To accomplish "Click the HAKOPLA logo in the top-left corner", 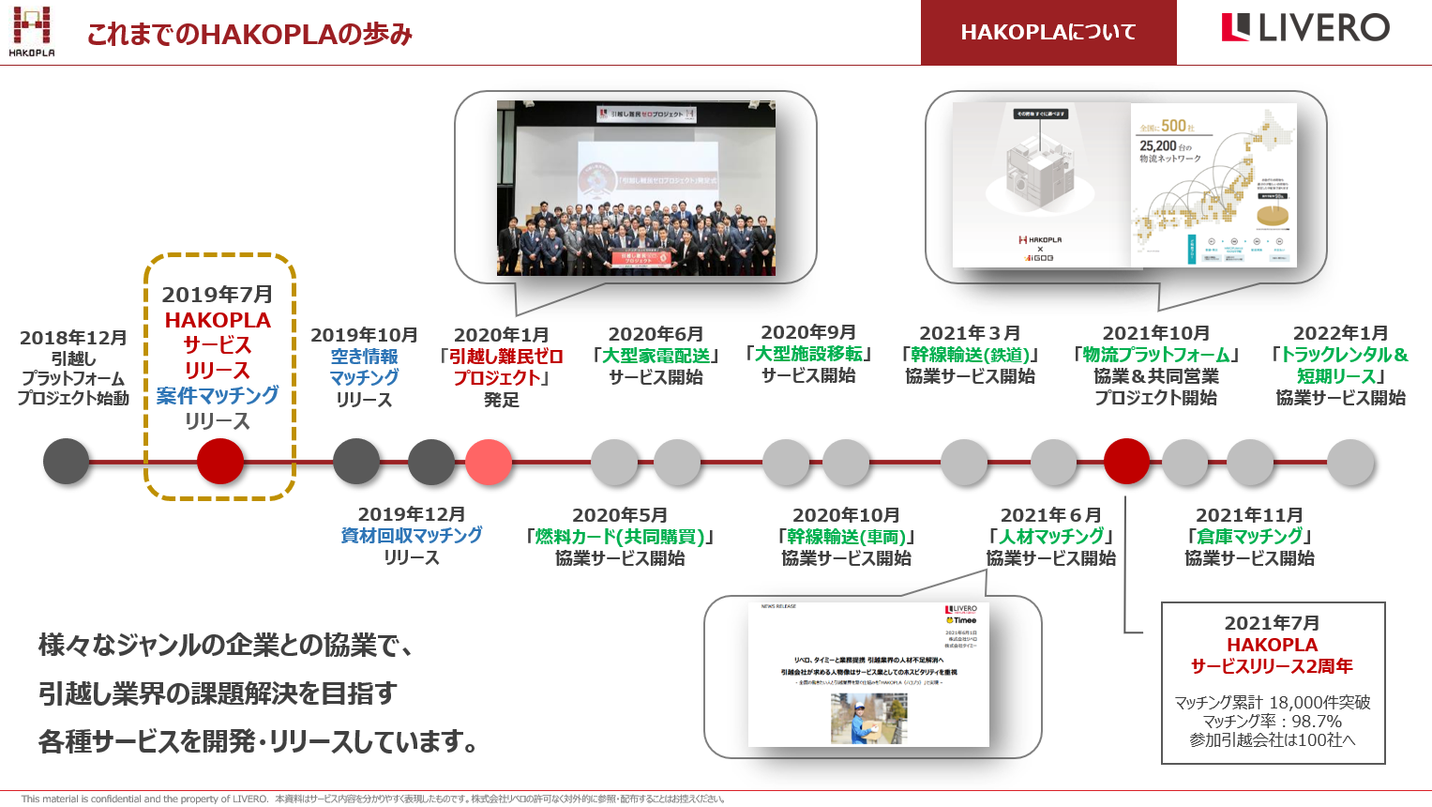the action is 32,30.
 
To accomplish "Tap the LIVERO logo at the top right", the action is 1304,28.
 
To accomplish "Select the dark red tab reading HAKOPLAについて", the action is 1048,33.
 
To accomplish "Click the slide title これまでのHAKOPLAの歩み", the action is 249,35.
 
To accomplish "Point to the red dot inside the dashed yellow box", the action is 220,462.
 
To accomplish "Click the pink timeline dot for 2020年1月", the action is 489,462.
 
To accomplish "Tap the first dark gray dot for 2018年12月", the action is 67,462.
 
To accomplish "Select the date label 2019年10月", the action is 364,335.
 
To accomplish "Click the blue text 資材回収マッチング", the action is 412,535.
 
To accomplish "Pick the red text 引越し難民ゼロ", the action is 505,357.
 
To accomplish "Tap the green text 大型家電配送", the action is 656,356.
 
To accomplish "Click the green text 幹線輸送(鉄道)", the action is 971,355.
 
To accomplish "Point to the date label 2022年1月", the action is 1340,333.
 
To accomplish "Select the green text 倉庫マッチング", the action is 1250,536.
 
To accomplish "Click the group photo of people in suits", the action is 636,188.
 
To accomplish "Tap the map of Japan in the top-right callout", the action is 1214,186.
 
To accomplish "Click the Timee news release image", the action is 868,675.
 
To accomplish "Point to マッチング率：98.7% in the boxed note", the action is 1272,721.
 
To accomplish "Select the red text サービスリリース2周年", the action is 1272,666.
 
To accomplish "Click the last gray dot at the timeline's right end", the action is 1350,462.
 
